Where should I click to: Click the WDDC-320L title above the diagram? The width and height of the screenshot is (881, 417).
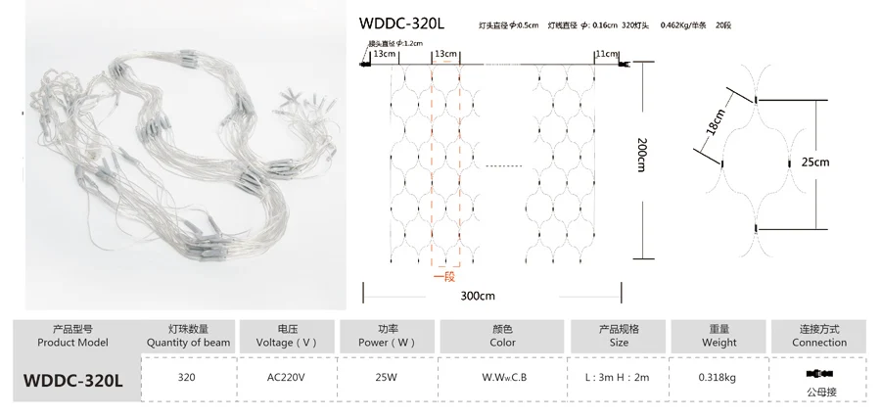tap(403, 23)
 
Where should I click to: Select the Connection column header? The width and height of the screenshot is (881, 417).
tap(819, 336)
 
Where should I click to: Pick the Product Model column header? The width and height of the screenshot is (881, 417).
tap(70, 336)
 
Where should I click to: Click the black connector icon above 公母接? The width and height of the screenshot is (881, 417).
tap(819, 373)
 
